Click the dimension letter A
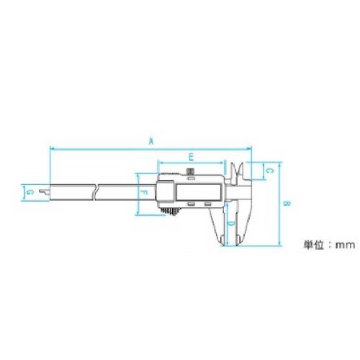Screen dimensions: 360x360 [151, 141]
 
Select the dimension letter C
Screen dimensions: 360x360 [270, 171]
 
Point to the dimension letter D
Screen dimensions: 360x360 [231, 224]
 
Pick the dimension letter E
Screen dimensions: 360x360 [191, 158]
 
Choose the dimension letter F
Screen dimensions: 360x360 [144, 192]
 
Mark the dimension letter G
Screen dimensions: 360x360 [30, 192]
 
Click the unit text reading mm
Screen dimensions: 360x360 [345, 245]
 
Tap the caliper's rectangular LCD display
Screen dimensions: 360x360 [198, 192]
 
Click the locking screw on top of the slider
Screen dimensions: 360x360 [191, 171]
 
